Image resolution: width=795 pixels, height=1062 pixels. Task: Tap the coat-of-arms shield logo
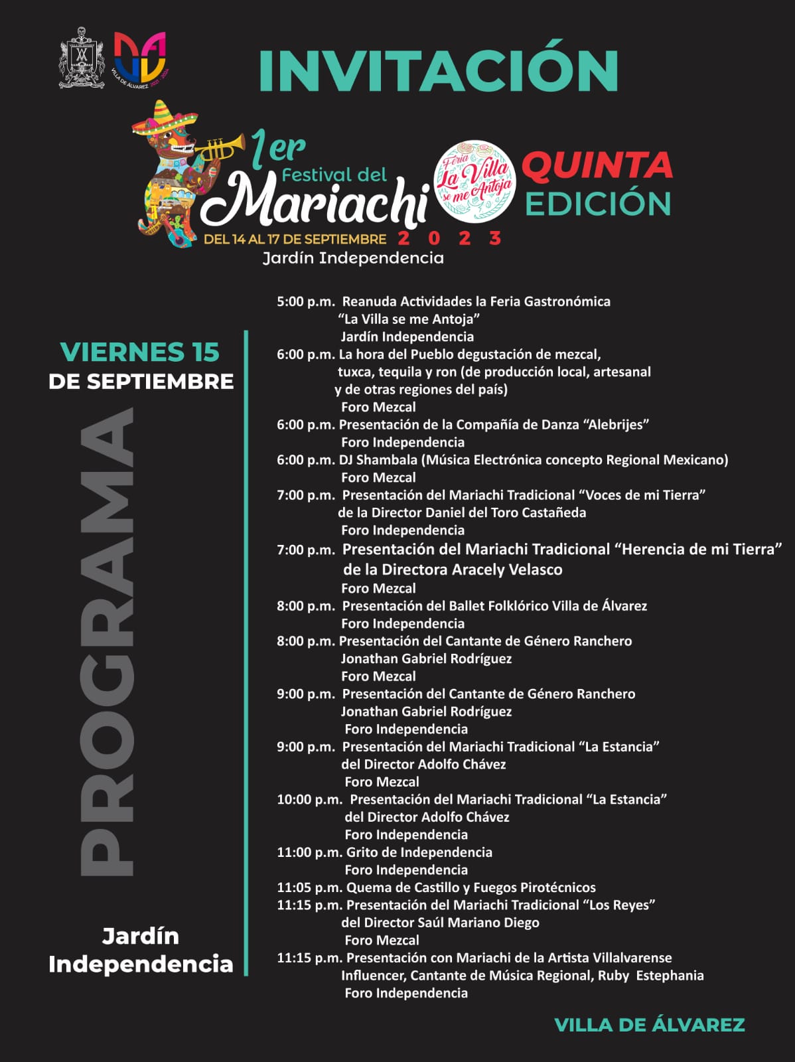82,58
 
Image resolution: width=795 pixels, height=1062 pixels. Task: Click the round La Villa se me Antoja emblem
474,181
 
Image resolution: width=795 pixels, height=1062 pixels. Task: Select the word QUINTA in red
597,165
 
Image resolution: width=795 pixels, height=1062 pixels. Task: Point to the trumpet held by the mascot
219,149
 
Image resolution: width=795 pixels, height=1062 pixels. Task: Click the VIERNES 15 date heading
139,352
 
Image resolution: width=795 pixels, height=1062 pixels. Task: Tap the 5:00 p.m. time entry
305,301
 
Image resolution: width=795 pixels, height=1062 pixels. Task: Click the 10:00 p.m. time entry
309,800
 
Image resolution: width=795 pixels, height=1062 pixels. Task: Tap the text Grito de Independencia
419,852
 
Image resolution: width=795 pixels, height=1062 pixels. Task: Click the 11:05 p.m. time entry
309,887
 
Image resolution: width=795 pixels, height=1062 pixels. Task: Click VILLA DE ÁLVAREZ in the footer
649,1025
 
